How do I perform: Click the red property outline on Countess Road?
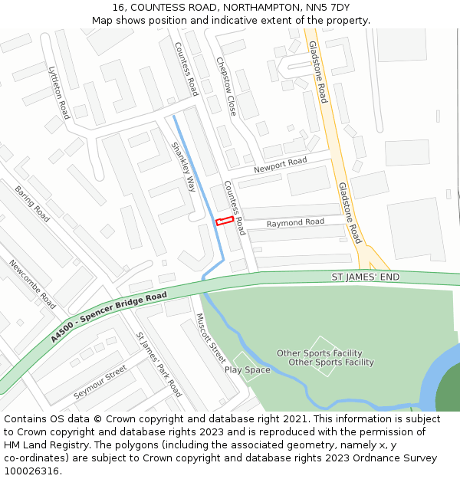[224, 221]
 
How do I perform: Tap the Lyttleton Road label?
[59, 92]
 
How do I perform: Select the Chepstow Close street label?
[226, 86]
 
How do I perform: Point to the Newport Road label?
[280, 164]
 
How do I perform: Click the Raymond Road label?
[295, 222]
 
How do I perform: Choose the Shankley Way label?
[183, 166]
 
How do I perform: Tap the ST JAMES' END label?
[366, 277]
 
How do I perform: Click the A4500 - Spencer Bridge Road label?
[109, 317]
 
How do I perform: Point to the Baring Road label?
[32, 203]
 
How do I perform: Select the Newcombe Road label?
[32, 284]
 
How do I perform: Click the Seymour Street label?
[100, 382]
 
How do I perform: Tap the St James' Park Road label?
[159, 364]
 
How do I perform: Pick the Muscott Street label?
[210, 338]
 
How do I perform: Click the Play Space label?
[247, 370]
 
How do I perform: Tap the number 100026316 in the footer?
[32, 471]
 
